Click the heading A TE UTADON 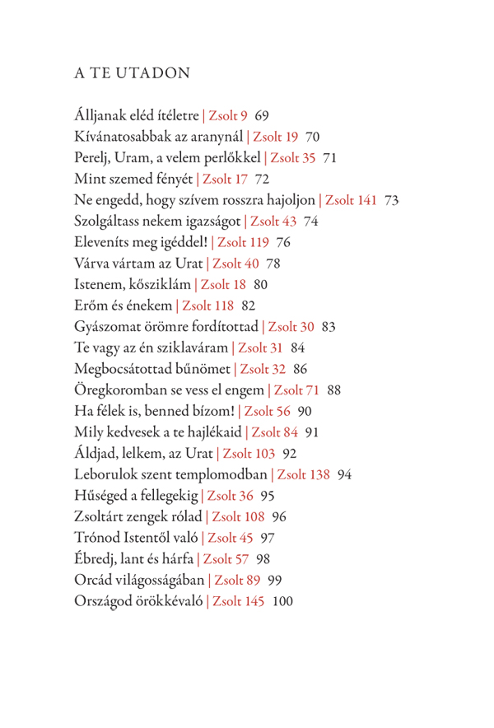tap(132, 73)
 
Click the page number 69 tap(263, 114)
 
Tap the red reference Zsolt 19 tap(275, 136)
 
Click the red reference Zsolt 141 tap(351, 200)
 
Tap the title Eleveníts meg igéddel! tap(139, 243)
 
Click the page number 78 tap(274, 264)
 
